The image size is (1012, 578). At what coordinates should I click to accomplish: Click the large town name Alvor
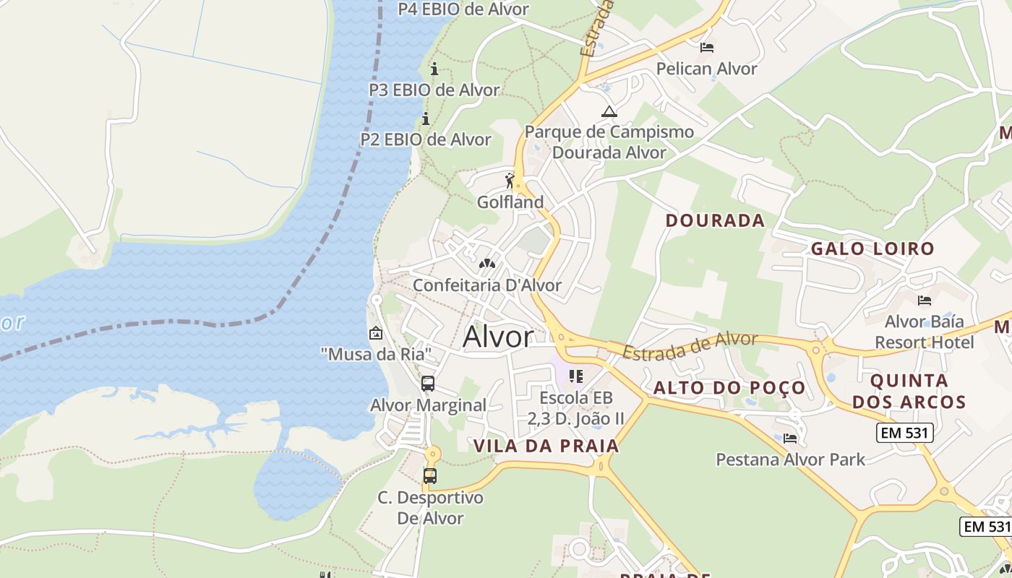(498, 337)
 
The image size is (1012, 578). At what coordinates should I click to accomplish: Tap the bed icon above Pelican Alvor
(706, 48)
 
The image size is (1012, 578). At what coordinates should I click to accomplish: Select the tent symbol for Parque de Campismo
(609, 111)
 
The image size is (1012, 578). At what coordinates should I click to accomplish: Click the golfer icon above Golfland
(510, 181)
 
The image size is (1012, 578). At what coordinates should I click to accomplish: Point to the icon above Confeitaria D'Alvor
(487, 264)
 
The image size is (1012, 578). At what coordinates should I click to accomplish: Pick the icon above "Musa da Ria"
(376, 333)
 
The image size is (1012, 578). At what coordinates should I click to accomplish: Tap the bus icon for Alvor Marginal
(428, 384)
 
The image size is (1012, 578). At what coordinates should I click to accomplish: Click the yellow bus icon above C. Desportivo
(430, 476)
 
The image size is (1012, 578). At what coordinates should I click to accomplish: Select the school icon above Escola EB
(576, 376)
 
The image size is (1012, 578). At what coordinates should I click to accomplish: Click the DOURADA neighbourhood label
(715, 220)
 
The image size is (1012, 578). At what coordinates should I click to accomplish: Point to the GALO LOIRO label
(872, 249)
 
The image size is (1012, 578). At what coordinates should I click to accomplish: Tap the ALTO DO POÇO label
(729, 388)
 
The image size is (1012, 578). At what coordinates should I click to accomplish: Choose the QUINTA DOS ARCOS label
(909, 391)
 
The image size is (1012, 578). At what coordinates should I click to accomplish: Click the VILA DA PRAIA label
(546, 446)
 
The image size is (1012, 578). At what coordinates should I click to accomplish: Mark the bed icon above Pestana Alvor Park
(790, 438)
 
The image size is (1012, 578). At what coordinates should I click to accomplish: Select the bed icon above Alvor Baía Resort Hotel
(924, 301)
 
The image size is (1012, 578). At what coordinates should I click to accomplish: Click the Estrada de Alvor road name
(690, 346)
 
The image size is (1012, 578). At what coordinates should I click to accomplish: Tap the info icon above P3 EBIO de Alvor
(434, 69)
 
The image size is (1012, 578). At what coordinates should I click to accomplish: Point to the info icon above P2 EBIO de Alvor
(426, 118)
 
